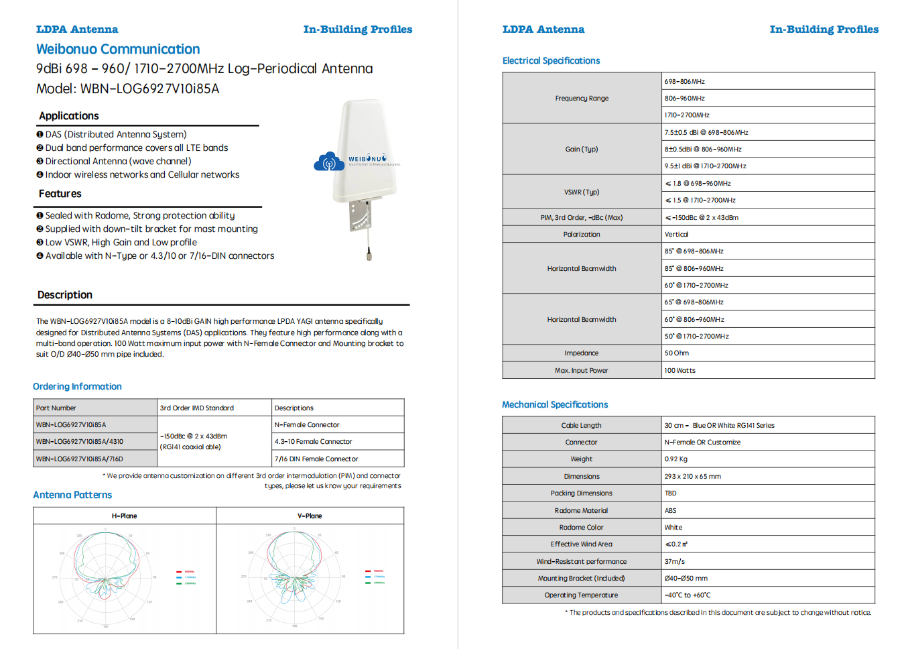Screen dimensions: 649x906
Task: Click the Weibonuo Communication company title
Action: point(118,49)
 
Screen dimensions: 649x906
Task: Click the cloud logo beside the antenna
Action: point(329,162)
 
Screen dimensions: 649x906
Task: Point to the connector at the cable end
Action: point(369,254)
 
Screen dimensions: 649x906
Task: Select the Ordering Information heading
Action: point(77,387)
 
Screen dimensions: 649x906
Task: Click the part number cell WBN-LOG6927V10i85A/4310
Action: point(80,442)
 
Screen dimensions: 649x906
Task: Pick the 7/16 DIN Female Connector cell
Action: point(316,459)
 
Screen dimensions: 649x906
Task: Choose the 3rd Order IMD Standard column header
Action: point(197,408)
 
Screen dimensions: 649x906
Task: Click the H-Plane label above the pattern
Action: point(124,516)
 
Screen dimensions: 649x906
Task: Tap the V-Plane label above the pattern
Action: point(310,516)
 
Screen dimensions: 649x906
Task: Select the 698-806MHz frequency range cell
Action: point(685,82)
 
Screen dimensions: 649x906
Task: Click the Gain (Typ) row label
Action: point(582,150)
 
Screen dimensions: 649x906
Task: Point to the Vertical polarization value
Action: point(676,235)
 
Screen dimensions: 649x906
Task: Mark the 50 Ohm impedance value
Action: point(677,353)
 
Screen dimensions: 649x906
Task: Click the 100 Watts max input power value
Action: point(680,371)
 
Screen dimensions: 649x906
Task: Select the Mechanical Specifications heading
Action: point(555,405)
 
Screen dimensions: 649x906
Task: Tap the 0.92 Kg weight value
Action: point(676,459)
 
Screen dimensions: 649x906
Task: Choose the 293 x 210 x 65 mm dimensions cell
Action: point(693,477)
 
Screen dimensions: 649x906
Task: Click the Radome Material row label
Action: point(582,511)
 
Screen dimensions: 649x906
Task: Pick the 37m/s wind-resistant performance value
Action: point(675,562)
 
